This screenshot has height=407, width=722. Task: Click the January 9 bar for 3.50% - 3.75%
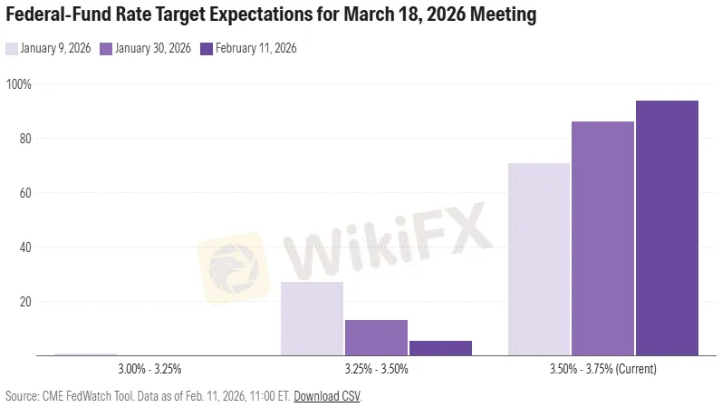pyautogui.click(x=539, y=259)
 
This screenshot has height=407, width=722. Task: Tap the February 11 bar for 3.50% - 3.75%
pyautogui.click(x=667, y=228)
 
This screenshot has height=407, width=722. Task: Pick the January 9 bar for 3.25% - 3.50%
pyautogui.click(x=312, y=318)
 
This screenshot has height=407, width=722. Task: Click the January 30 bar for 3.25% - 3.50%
pyautogui.click(x=376, y=337)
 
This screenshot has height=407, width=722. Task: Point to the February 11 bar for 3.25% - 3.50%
pyautogui.click(x=440, y=347)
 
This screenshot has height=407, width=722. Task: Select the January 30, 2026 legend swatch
pyautogui.click(x=106, y=49)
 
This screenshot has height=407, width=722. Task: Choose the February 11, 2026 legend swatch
pyautogui.click(x=206, y=49)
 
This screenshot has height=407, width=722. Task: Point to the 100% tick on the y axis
pyautogui.click(x=19, y=84)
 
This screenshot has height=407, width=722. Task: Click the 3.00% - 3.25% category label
pyautogui.click(x=149, y=370)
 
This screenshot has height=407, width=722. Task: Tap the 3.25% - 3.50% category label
pyautogui.click(x=376, y=370)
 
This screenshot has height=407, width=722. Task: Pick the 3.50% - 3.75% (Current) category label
pyautogui.click(x=602, y=370)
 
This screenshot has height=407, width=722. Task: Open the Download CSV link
pyautogui.click(x=326, y=396)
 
